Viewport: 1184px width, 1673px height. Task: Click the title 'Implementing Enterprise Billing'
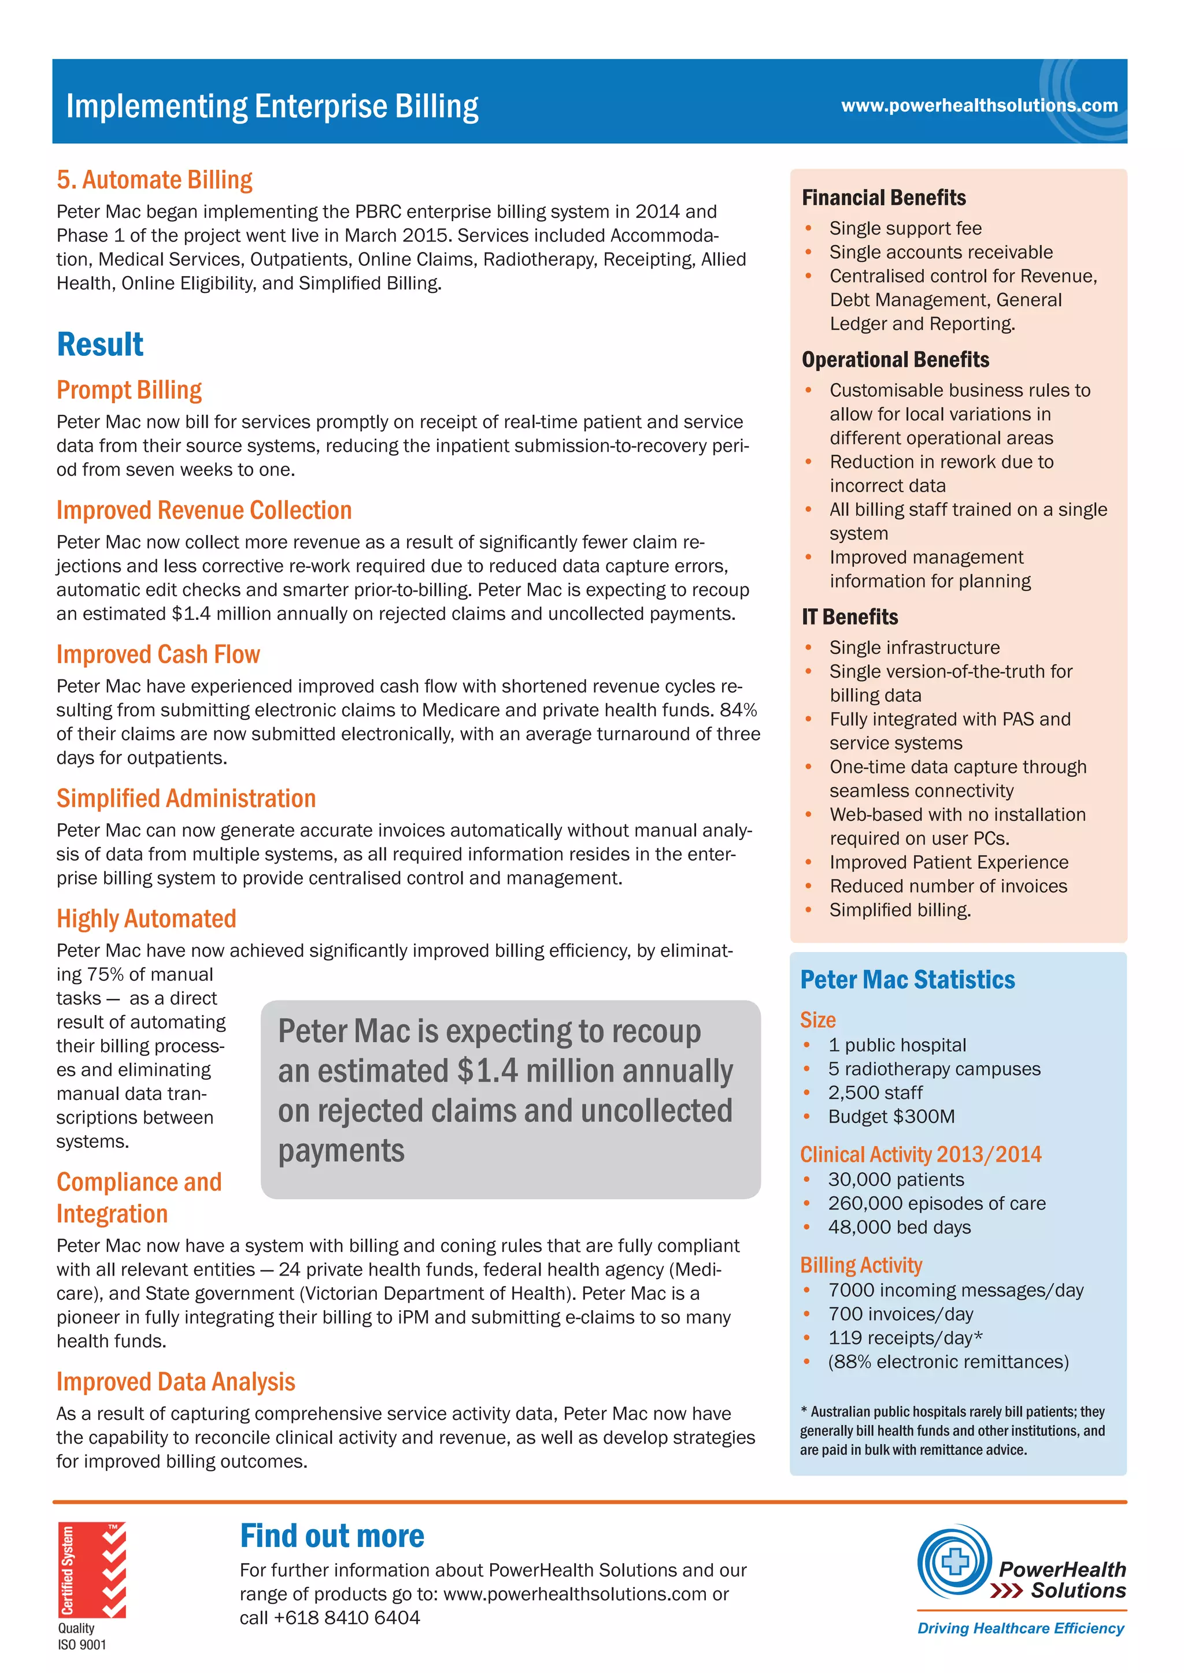coord(272,106)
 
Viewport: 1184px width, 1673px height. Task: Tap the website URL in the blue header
coord(978,106)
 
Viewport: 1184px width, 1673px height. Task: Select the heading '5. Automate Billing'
coord(154,180)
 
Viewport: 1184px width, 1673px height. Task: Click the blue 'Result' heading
coord(100,345)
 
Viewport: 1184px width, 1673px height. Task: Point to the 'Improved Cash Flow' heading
coord(158,655)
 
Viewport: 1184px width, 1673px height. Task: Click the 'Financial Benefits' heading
coord(883,198)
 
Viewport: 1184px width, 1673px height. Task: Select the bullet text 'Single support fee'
coord(905,229)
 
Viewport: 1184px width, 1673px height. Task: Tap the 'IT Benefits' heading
coord(849,617)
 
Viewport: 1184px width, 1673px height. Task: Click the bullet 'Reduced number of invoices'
coord(948,886)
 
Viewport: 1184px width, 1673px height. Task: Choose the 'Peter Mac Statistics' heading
coord(907,980)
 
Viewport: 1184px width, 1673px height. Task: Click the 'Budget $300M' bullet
coord(891,1116)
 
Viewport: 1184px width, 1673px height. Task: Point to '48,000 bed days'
coord(899,1227)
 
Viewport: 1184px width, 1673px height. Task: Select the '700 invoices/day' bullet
coord(900,1314)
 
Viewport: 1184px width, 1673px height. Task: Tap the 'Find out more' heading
coord(332,1536)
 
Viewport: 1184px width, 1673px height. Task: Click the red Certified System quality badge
coord(92,1570)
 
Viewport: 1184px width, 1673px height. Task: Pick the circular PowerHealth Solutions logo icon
coord(953,1561)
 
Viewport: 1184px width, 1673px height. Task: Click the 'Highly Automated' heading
coord(146,919)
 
